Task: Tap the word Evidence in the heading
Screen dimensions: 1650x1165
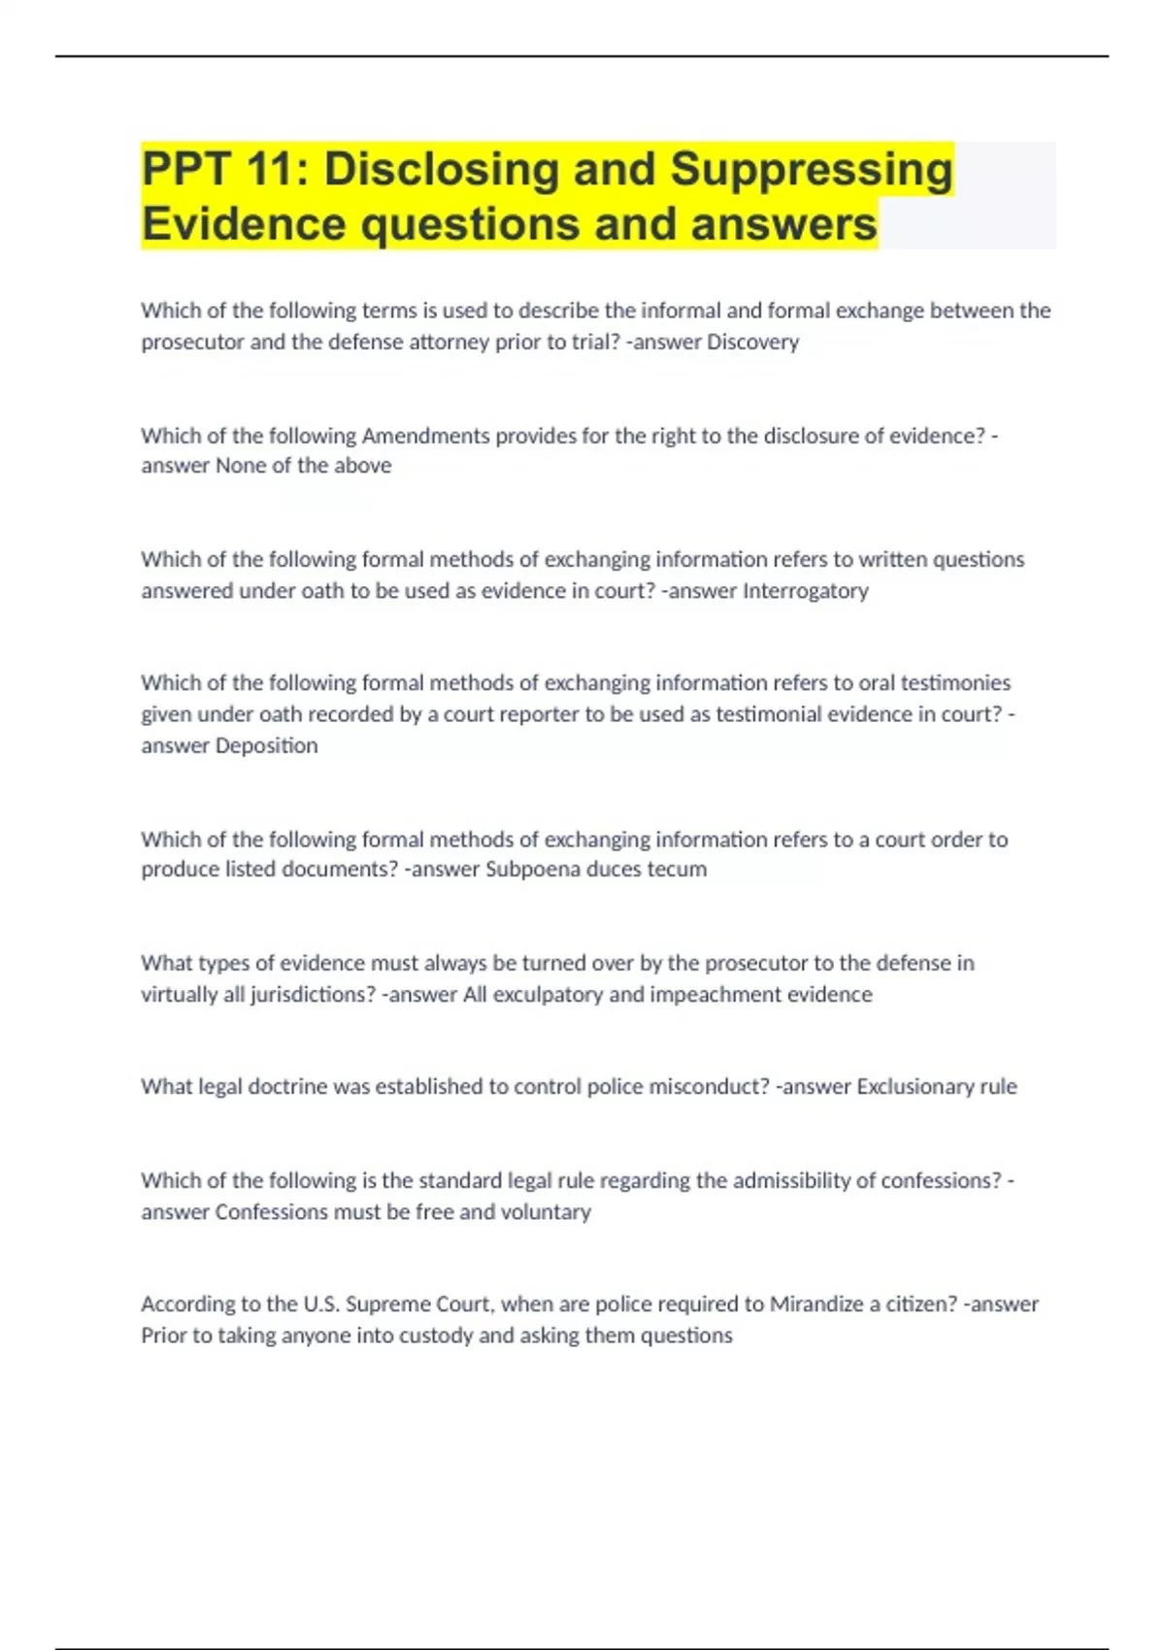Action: (244, 224)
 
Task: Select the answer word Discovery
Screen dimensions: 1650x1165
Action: (752, 342)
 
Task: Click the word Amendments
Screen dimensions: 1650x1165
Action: (425, 436)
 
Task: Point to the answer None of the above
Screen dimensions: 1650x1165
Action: (303, 466)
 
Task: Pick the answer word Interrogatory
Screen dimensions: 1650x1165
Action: (805, 590)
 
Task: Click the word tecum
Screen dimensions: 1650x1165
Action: (677, 869)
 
